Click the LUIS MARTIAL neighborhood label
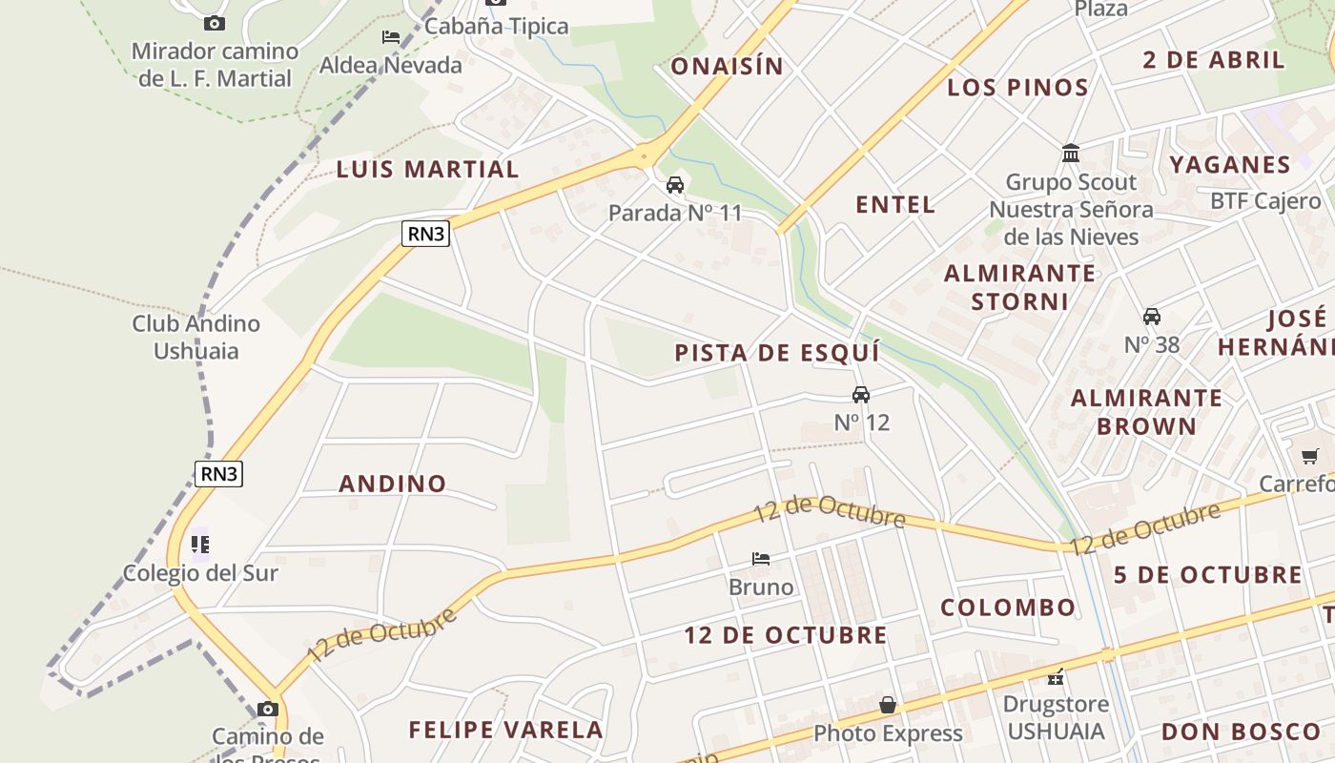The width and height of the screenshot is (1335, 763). pyautogui.click(x=427, y=170)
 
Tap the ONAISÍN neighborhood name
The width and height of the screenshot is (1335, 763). pyautogui.click(x=727, y=67)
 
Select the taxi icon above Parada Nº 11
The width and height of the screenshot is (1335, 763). pyautogui.click(x=675, y=185)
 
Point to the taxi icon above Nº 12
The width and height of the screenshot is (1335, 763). pyautogui.click(x=861, y=395)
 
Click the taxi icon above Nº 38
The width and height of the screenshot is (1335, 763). pyautogui.click(x=1152, y=317)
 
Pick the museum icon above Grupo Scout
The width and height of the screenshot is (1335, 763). pyautogui.click(x=1071, y=154)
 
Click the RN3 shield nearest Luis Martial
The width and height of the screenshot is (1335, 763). pyautogui.click(x=425, y=234)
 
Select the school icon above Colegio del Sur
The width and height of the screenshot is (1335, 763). pyautogui.click(x=200, y=545)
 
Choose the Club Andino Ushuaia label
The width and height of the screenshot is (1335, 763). pyautogui.click(x=196, y=337)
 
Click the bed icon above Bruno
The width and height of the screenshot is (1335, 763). pyautogui.click(x=761, y=558)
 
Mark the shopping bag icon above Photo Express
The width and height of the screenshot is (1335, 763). pyautogui.click(x=888, y=705)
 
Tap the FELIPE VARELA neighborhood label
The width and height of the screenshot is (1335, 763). pyautogui.click(x=506, y=731)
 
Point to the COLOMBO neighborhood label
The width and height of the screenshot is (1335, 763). pyautogui.click(x=1008, y=608)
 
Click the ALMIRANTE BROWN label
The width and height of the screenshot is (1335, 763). pyautogui.click(x=1146, y=411)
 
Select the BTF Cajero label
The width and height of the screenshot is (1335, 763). pyautogui.click(x=1265, y=201)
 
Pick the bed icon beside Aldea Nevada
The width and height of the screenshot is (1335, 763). pyautogui.click(x=391, y=37)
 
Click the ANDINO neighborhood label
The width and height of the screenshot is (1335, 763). pyautogui.click(x=393, y=484)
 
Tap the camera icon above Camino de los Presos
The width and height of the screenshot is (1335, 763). pyautogui.click(x=268, y=709)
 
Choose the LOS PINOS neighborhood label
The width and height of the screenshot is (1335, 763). pyautogui.click(x=1017, y=89)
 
